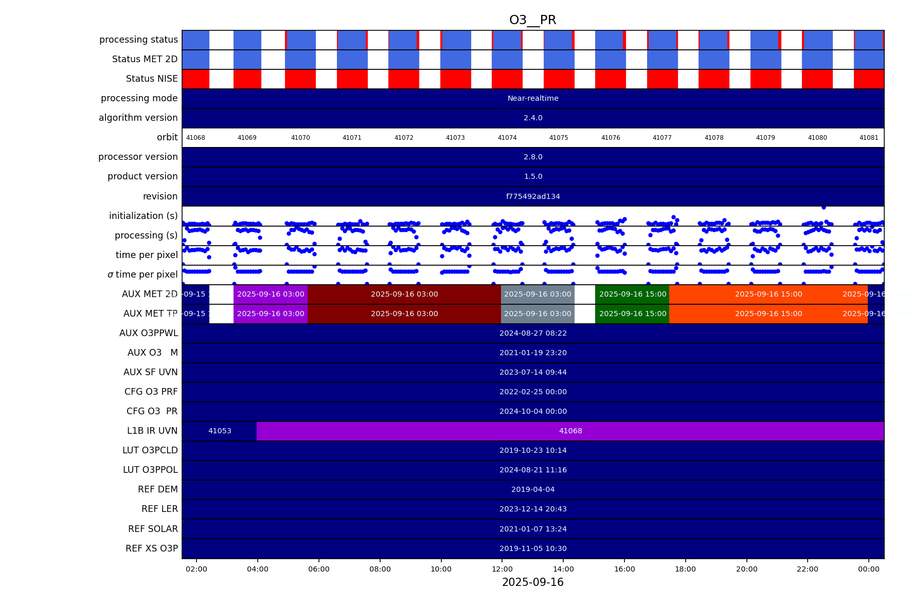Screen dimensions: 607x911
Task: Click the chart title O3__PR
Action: pyautogui.click(x=532, y=20)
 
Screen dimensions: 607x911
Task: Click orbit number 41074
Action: pyautogui.click(x=507, y=138)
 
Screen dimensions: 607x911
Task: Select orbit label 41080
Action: pyautogui.click(x=817, y=138)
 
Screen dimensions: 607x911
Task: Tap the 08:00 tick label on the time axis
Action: pyautogui.click(x=380, y=569)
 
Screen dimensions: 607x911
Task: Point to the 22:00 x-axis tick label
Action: pyautogui.click(x=807, y=569)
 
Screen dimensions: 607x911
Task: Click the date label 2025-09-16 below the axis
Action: pyautogui.click(x=532, y=582)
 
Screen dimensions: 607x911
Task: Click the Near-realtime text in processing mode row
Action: pyautogui.click(x=532, y=98)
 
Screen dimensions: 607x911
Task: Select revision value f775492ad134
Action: pyautogui.click(x=532, y=196)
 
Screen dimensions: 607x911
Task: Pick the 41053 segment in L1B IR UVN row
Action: pyautogui.click(x=220, y=431)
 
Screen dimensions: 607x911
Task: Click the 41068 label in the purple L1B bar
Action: pyautogui.click(x=570, y=431)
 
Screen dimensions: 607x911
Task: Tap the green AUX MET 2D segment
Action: pyautogui.click(x=632, y=294)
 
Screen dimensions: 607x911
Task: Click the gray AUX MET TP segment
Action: pyautogui.click(x=537, y=314)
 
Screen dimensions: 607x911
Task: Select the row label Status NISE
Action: pyautogui.click(x=152, y=79)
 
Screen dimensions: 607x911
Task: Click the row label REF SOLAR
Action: pyautogui.click(x=153, y=529)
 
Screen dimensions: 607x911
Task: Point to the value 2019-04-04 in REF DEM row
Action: pyautogui.click(x=532, y=489)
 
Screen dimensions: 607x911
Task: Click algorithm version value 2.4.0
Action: pyautogui.click(x=532, y=118)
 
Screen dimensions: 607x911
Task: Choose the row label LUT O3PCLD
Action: pyautogui.click(x=150, y=450)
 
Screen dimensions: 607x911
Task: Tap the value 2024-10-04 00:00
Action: pyautogui.click(x=532, y=411)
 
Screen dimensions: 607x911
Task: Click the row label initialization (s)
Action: pyautogui.click(x=143, y=216)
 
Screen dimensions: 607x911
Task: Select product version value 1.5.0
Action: pyautogui.click(x=532, y=176)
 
